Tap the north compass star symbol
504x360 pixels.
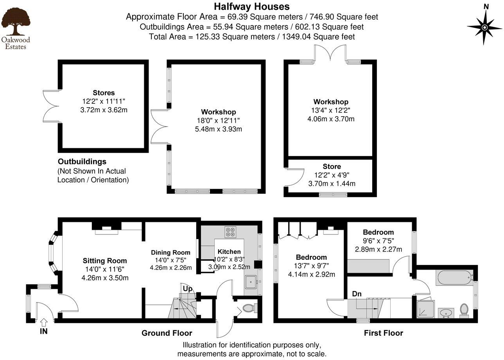(x=485, y=27)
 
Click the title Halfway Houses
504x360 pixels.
(x=252, y=7)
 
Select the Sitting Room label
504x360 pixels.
(x=105, y=261)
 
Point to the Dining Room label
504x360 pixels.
(x=170, y=252)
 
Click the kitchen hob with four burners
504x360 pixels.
(x=230, y=232)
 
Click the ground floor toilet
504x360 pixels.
(x=249, y=309)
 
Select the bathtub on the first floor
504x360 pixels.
(x=454, y=278)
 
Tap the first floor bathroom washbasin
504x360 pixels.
(x=445, y=313)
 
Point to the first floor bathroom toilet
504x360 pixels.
(x=464, y=310)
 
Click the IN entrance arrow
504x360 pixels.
(x=44, y=322)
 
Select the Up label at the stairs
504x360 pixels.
(x=187, y=289)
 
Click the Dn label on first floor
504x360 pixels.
(x=357, y=293)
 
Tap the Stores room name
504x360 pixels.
(x=104, y=93)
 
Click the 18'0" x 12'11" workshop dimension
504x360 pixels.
(x=218, y=121)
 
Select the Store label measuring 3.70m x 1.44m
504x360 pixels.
(x=332, y=166)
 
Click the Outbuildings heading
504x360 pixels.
(x=82, y=162)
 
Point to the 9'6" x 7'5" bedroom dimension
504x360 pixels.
(x=378, y=241)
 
